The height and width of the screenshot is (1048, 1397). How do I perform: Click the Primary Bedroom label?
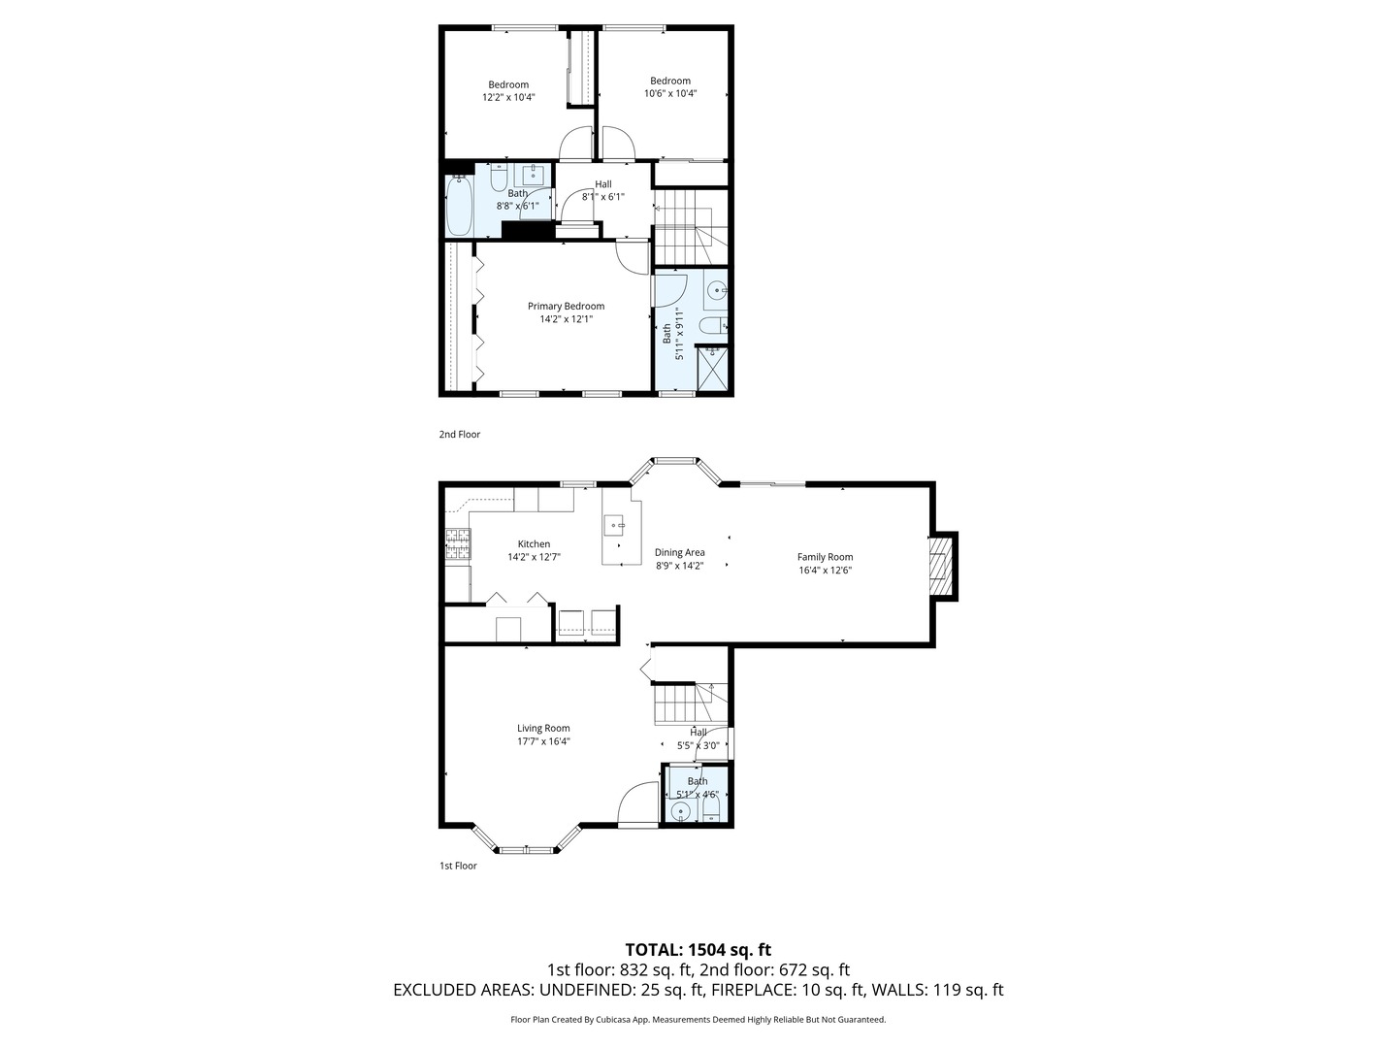click(566, 307)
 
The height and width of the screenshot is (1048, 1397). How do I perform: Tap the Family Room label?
click(825, 557)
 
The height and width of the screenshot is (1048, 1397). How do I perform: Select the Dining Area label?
click(679, 552)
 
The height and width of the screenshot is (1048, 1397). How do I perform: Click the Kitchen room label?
click(534, 544)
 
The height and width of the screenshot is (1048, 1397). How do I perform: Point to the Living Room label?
click(543, 729)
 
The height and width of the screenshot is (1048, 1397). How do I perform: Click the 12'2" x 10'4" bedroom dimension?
click(508, 97)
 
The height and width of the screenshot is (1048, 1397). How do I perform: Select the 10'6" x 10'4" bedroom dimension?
click(670, 94)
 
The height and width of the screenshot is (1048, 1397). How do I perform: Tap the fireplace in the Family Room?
click(939, 566)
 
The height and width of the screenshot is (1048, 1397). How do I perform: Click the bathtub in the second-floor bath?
click(459, 206)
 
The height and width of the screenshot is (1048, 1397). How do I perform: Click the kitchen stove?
click(456, 545)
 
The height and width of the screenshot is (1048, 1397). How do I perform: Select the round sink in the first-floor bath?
click(680, 812)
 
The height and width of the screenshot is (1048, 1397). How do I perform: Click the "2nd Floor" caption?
click(459, 435)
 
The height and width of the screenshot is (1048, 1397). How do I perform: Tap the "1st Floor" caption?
click(458, 866)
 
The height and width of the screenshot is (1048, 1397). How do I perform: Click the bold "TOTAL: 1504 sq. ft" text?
click(698, 949)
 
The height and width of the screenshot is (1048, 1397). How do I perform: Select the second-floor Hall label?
click(602, 184)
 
